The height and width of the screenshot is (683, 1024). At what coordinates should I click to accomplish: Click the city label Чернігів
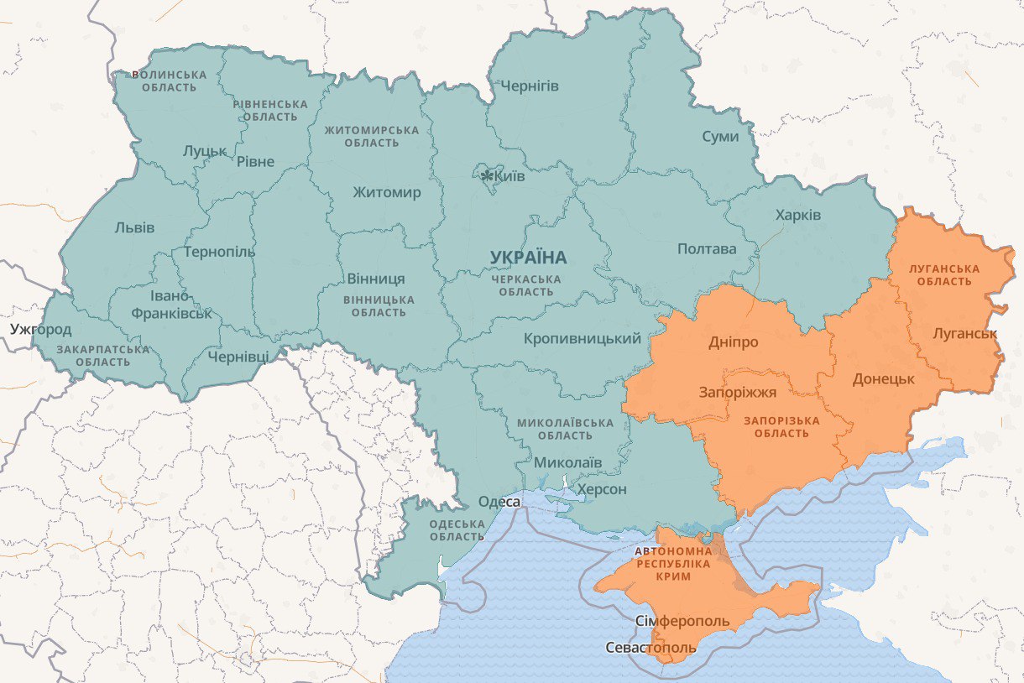click(529, 86)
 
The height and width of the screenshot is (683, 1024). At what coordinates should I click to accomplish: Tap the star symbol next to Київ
click(487, 176)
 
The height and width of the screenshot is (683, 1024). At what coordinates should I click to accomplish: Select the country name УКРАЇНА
click(528, 257)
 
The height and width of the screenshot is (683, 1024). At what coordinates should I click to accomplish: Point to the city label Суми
click(721, 137)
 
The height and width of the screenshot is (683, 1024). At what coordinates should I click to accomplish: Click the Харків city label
click(798, 216)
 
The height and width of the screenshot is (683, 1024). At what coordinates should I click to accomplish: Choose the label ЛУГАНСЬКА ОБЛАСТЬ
click(944, 274)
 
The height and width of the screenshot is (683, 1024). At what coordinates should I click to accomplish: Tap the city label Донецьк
click(883, 379)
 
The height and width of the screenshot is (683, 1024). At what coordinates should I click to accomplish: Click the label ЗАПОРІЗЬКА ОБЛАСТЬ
click(781, 426)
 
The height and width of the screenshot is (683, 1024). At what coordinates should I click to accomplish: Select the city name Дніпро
click(733, 342)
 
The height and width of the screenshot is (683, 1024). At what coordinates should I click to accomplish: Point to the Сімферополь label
click(682, 622)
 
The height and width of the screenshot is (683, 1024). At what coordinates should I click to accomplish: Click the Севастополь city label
click(651, 649)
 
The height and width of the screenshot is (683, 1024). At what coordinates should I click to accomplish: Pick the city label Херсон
click(600, 489)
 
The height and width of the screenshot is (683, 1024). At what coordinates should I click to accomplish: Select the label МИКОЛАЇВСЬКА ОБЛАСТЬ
click(566, 429)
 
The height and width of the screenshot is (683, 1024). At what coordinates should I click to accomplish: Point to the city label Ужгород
click(41, 329)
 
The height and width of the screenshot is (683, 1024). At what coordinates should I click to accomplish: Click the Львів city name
click(134, 227)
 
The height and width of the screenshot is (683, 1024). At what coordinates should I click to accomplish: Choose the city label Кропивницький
click(582, 339)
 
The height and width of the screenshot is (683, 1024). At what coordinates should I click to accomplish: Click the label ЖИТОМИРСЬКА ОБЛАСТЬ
click(372, 137)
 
